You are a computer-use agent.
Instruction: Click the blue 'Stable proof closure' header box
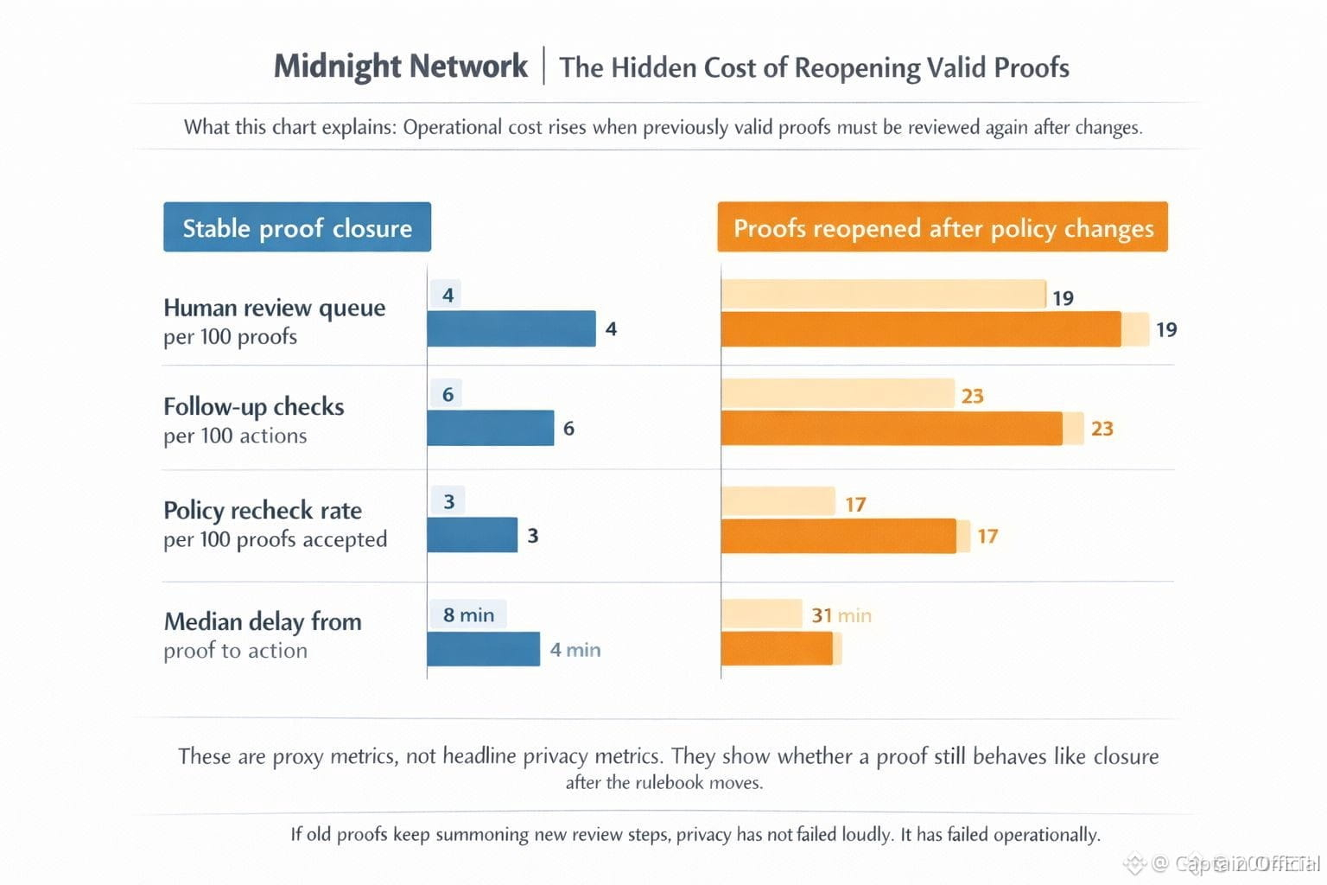click(296, 227)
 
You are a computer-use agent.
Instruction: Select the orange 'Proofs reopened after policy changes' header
click(942, 227)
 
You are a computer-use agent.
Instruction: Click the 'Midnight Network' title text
click(400, 67)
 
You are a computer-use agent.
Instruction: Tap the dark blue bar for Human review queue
click(511, 328)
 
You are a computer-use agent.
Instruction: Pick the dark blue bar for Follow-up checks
click(490, 428)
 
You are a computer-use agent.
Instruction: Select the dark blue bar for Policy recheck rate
click(472, 535)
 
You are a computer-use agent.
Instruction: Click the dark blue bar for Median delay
click(483, 649)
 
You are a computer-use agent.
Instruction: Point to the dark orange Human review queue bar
click(920, 329)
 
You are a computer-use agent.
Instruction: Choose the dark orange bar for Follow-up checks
click(891, 429)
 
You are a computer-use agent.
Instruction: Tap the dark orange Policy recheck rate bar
click(838, 536)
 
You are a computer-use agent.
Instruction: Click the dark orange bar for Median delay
click(776, 649)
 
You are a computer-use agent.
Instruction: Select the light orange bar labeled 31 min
click(761, 614)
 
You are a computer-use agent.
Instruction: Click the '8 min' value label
click(468, 614)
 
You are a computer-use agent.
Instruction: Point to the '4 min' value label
click(575, 649)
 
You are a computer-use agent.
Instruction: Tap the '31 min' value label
click(841, 615)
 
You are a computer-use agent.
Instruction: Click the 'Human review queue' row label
click(274, 309)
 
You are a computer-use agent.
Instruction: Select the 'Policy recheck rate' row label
click(262, 511)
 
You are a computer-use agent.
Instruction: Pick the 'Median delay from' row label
click(262, 621)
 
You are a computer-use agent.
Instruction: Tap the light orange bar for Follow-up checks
click(837, 394)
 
